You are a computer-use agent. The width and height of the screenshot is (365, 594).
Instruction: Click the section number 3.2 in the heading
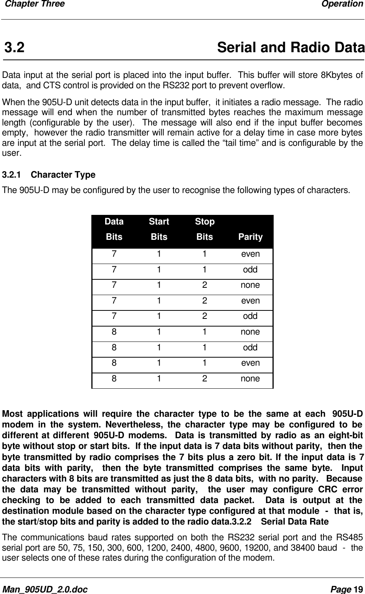[x=15, y=48]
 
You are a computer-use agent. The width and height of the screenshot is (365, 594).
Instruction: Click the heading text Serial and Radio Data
[x=291, y=48]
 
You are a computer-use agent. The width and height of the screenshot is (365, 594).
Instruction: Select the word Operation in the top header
[x=342, y=4]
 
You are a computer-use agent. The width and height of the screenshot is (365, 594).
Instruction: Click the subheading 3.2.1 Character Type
[x=49, y=175]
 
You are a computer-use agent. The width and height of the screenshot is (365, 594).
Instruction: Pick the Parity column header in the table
[x=250, y=237]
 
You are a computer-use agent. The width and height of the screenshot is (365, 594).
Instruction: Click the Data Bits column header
[x=114, y=229]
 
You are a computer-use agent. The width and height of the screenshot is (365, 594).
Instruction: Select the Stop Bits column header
[x=205, y=229]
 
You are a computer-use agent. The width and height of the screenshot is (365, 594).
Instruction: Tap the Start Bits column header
[x=159, y=229]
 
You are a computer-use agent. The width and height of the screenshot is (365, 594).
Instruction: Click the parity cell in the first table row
[x=250, y=254]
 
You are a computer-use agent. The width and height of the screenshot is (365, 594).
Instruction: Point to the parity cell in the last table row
[x=250, y=379]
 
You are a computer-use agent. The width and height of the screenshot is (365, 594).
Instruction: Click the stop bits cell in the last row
[x=205, y=379]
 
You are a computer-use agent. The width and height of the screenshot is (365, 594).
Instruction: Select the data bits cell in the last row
[x=114, y=379]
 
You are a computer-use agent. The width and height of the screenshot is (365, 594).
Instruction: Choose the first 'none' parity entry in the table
[x=250, y=285]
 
